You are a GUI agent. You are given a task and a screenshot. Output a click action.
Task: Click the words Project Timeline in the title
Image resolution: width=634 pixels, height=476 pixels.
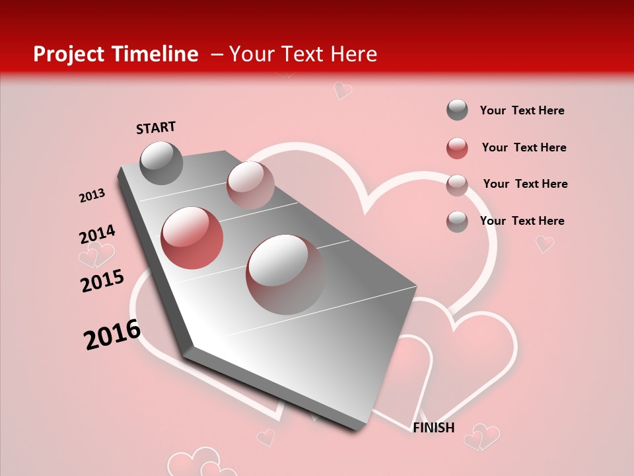[116, 54]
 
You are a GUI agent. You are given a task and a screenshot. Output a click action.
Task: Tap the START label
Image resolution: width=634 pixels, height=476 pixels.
[156, 128]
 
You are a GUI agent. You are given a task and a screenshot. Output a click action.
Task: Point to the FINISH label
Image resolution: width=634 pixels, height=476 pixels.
[434, 428]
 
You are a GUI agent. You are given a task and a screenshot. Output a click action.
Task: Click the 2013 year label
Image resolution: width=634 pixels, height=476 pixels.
[92, 196]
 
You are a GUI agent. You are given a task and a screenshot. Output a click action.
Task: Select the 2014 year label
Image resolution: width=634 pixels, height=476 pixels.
[97, 234]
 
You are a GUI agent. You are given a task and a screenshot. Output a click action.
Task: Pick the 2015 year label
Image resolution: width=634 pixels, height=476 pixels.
[102, 281]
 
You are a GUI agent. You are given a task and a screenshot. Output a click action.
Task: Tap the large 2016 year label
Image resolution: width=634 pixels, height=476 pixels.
[112, 335]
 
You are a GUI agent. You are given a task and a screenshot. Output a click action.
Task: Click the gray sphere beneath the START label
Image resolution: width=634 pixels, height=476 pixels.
[161, 163]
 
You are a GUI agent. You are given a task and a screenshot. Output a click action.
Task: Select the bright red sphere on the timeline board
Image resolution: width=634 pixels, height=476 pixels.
[192, 238]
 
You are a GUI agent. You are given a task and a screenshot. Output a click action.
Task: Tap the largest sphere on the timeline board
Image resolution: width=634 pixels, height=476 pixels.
[285, 274]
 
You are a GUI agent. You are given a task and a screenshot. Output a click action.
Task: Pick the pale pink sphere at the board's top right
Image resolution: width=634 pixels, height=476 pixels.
[250, 184]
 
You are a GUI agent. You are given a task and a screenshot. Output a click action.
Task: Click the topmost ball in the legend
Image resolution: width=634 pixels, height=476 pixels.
[457, 110]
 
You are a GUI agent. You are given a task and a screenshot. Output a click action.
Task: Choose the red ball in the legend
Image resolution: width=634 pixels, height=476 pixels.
[457, 148]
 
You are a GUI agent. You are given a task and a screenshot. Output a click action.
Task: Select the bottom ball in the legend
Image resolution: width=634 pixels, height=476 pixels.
[457, 221]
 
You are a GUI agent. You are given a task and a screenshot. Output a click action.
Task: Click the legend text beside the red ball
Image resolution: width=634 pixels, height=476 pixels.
[524, 147]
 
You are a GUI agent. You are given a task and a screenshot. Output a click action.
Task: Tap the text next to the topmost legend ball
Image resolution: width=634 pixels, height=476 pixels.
[522, 110]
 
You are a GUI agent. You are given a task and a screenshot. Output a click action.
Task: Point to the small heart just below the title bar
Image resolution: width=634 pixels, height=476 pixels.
[342, 90]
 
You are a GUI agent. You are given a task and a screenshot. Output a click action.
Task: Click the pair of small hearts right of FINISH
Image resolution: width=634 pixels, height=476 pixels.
[481, 436]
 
